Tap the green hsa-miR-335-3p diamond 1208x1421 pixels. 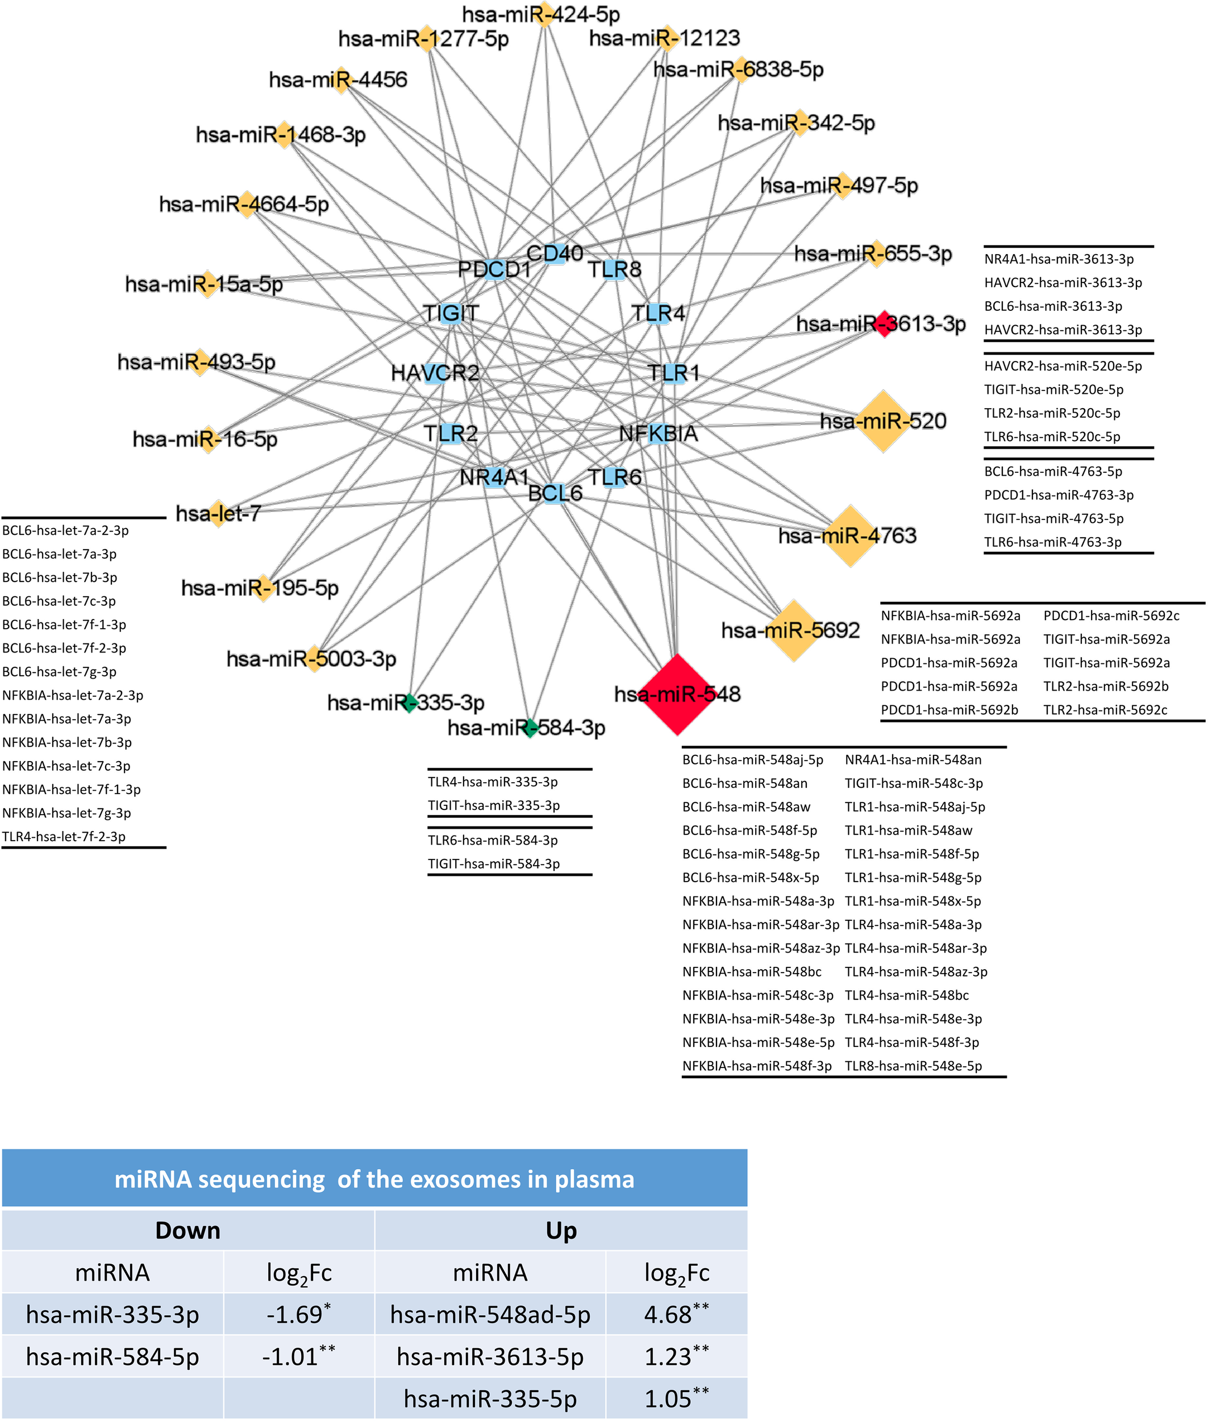(x=410, y=703)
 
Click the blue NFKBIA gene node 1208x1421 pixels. (x=658, y=434)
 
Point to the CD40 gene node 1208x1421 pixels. (x=555, y=254)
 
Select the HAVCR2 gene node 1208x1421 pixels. (x=434, y=373)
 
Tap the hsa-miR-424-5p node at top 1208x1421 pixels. (x=544, y=14)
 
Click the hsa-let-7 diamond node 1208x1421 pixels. (x=218, y=513)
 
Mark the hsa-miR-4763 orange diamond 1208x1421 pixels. (x=851, y=536)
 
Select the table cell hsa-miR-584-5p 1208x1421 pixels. (x=113, y=1356)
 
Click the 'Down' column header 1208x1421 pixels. (x=188, y=1231)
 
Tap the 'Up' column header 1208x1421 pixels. (x=561, y=1231)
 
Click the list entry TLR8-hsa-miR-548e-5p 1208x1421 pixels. (x=913, y=1065)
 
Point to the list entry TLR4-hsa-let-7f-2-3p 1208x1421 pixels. (x=64, y=837)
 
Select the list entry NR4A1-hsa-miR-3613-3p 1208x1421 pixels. (x=1059, y=259)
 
